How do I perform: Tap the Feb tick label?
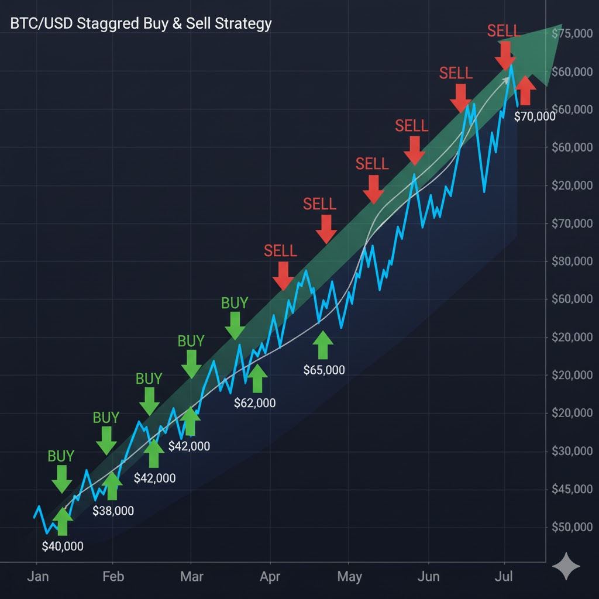click(113, 576)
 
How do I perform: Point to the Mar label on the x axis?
click(192, 576)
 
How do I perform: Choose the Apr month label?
click(270, 576)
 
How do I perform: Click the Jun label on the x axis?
click(429, 576)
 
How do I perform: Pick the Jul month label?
click(503, 576)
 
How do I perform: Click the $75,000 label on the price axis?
click(572, 34)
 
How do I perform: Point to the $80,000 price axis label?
click(572, 261)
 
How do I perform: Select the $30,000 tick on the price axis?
click(572, 451)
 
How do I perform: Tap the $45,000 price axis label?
click(572, 489)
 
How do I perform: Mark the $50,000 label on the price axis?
click(572, 527)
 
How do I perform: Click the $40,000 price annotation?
click(63, 546)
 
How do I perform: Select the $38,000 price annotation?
click(113, 511)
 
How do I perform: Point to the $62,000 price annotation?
click(254, 402)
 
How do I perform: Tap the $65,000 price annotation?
click(324, 370)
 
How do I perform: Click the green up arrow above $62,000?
click(256, 378)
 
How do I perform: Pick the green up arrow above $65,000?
click(322, 345)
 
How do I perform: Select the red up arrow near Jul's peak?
click(525, 90)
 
